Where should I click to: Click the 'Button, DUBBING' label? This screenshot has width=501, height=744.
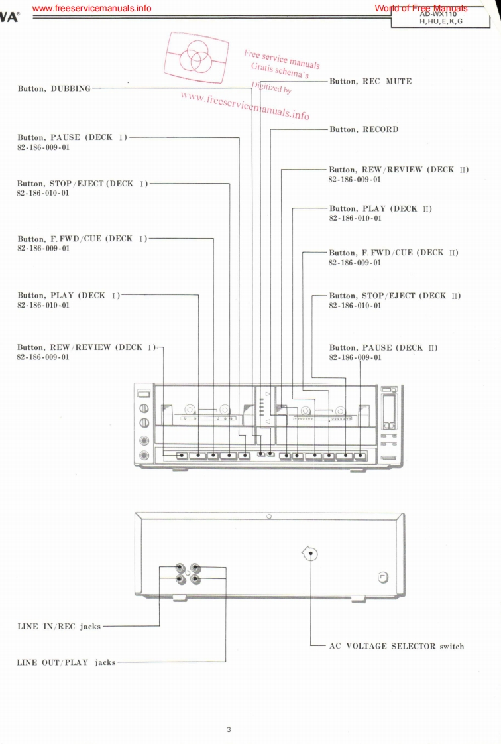coord(54,88)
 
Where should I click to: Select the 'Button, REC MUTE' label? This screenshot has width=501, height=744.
coord(370,81)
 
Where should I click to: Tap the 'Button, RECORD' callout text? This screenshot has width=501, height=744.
coord(364,129)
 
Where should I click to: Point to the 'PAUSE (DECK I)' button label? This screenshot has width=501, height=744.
coord(72,137)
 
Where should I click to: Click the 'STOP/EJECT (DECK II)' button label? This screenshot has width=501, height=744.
coord(394,296)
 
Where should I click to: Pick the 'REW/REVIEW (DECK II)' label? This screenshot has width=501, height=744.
coord(398,170)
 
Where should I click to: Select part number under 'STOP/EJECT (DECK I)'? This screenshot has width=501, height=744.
coord(43,193)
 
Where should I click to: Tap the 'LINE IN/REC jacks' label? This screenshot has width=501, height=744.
coord(59,626)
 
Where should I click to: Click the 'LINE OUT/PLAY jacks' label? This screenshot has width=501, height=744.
coord(66,662)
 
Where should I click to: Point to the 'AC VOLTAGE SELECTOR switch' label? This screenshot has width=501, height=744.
coord(396,646)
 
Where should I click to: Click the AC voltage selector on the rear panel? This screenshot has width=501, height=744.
coord(309,554)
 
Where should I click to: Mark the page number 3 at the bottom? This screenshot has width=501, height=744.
coord(229,730)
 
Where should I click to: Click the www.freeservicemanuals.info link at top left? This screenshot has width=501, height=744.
coord(91,8)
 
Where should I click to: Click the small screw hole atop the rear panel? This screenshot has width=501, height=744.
coord(268,516)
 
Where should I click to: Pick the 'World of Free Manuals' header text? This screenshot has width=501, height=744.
coord(420,8)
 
